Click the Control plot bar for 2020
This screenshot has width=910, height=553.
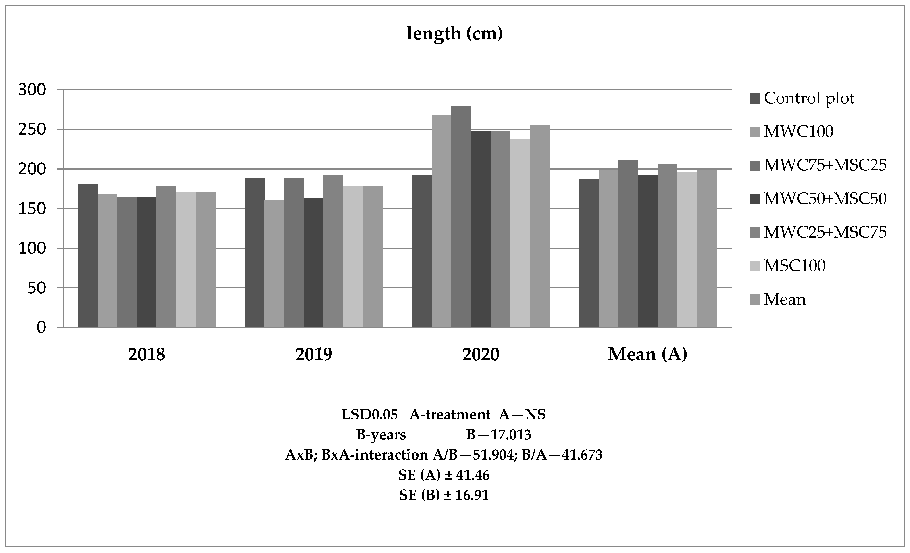pyautogui.click(x=422, y=251)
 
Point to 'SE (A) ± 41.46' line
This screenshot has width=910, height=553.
pyautogui.click(x=444, y=475)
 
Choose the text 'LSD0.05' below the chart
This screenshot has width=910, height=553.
pyautogui.click(x=370, y=415)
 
